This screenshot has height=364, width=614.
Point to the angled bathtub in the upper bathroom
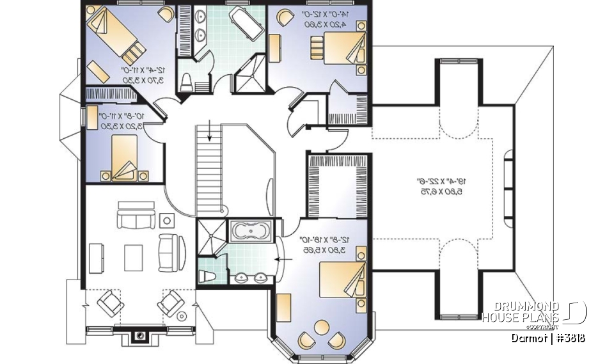pos(244,22)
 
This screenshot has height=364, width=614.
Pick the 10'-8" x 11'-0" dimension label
pos(122,121)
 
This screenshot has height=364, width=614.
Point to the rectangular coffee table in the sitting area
pos(134,257)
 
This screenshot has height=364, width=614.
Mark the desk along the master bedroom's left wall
pos(283,307)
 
